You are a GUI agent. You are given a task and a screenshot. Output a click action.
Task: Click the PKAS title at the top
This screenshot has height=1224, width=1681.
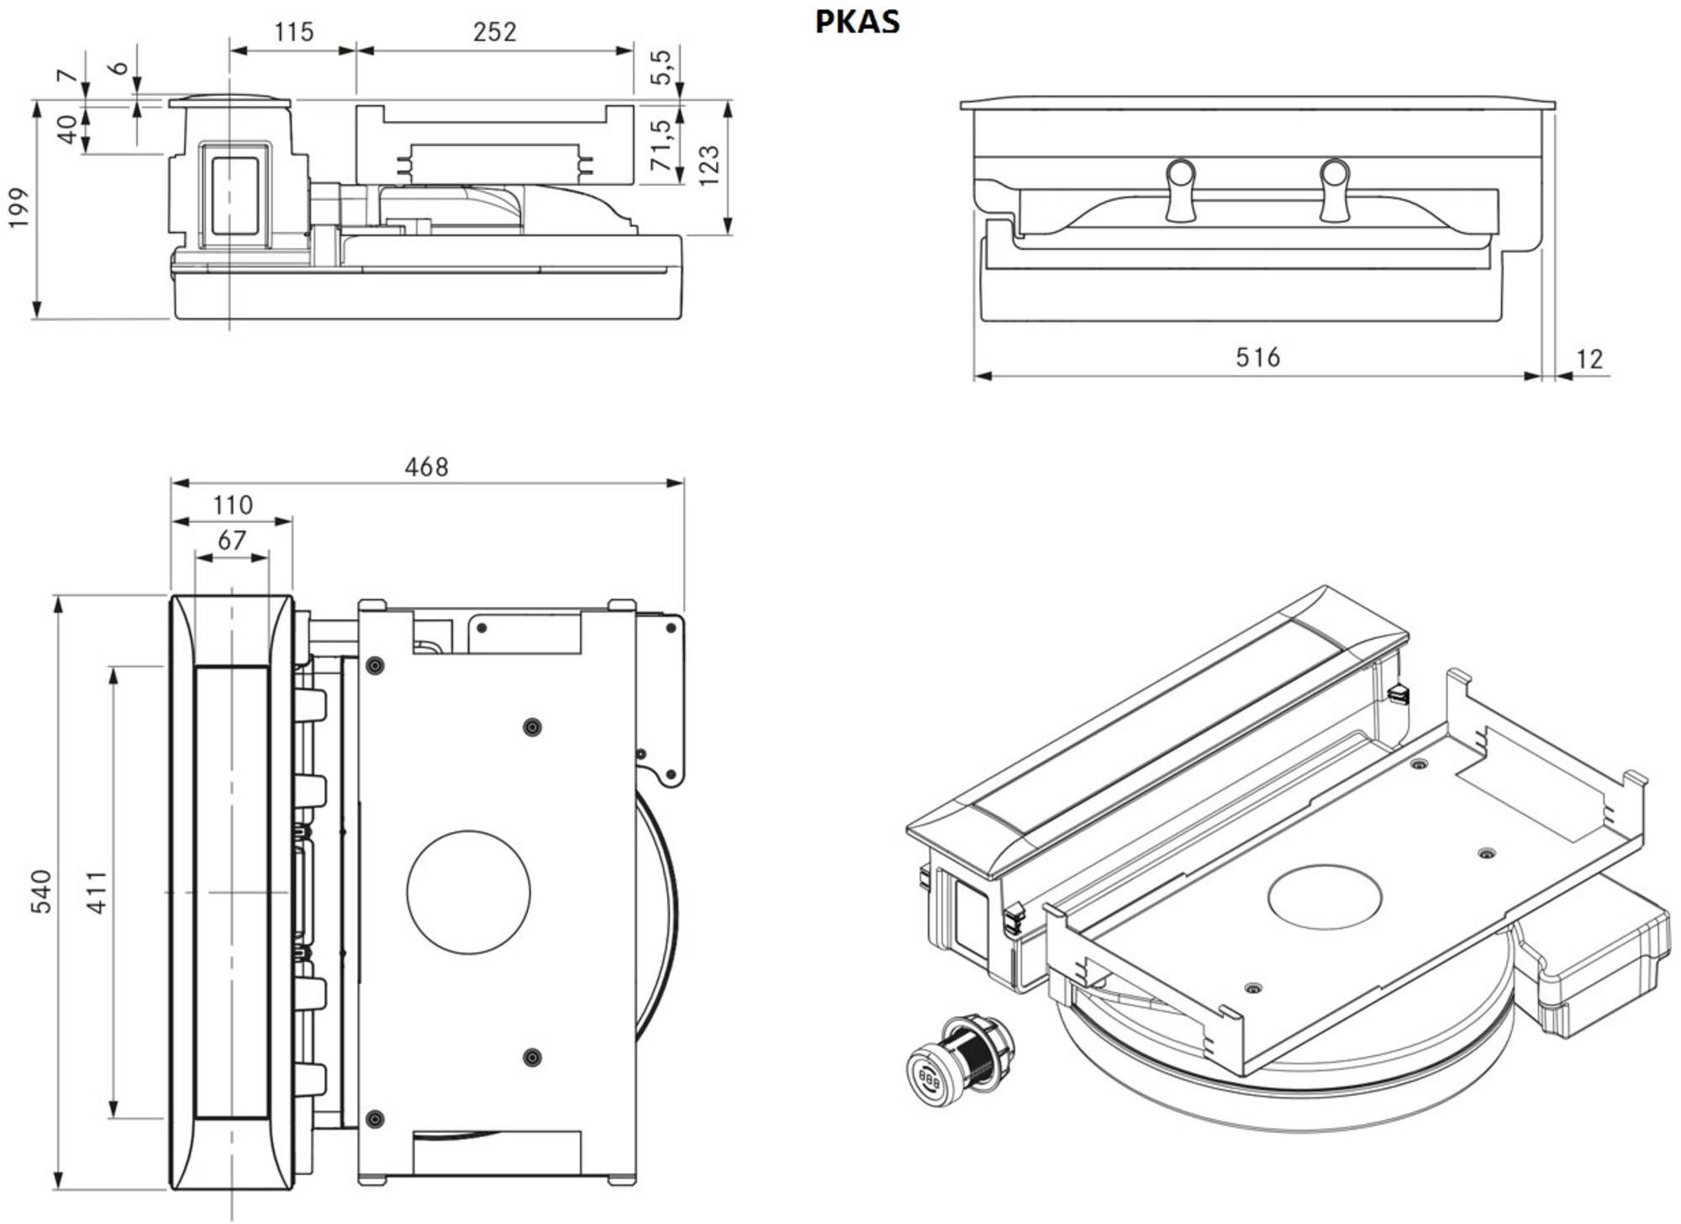(x=857, y=22)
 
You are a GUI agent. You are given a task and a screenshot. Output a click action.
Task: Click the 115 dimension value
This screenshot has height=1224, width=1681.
(x=293, y=32)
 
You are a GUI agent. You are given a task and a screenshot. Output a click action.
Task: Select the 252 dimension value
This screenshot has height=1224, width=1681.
(x=494, y=32)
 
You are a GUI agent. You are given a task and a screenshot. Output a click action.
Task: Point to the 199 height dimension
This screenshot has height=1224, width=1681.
(x=18, y=208)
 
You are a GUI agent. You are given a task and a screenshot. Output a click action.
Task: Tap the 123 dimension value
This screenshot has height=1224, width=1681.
(x=709, y=166)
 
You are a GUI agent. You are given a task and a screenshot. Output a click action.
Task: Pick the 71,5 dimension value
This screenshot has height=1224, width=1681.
(x=661, y=145)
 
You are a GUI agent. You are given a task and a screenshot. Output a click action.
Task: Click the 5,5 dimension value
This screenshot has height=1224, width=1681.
(x=661, y=67)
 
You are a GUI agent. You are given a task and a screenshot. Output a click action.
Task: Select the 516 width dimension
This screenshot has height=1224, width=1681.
(x=1257, y=357)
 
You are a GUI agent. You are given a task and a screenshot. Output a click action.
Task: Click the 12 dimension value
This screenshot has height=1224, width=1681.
(x=1589, y=360)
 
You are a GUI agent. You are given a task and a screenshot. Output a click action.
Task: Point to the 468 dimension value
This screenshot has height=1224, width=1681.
(x=426, y=467)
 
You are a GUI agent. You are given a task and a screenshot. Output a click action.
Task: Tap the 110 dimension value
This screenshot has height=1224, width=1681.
(x=232, y=505)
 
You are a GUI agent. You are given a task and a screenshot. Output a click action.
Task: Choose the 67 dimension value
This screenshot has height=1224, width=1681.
(x=232, y=541)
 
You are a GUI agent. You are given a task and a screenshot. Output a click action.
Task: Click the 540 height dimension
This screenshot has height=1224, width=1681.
(x=41, y=892)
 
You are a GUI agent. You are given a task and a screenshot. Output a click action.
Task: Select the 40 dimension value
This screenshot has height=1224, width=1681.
(x=67, y=129)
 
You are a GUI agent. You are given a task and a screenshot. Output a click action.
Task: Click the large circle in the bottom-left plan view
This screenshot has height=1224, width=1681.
(x=468, y=892)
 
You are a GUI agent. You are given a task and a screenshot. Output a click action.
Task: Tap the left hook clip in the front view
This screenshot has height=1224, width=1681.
(x=1181, y=189)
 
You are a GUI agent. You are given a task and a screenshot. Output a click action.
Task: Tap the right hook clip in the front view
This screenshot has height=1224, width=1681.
(x=1334, y=189)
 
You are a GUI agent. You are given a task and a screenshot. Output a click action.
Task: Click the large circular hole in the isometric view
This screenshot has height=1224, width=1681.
(x=1325, y=897)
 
